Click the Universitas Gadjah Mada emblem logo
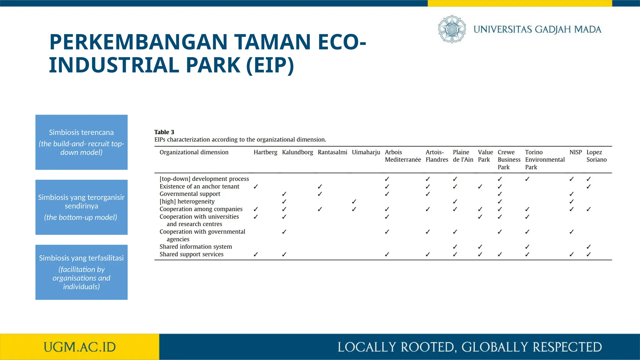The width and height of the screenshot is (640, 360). [452, 29]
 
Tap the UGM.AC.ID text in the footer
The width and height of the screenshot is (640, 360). [80, 347]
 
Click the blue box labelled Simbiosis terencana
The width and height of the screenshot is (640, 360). [81, 142]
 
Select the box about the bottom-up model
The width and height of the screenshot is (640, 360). [81, 207]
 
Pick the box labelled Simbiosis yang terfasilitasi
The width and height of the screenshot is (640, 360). [81, 272]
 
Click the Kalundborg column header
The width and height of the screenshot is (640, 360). [297, 152]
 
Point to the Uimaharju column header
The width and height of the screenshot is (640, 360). [366, 152]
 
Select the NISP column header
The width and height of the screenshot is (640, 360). [575, 152]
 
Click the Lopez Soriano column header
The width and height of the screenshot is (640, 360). [596, 156]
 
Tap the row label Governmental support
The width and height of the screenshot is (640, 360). [190, 194]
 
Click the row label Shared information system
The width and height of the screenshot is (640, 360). [196, 247]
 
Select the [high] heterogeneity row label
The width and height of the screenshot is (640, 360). [187, 202]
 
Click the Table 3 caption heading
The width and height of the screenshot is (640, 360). [164, 132]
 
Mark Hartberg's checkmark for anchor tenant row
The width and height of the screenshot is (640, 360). [256, 187]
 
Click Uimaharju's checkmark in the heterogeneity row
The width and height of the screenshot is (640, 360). [354, 202]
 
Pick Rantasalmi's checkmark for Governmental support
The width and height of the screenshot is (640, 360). [320, 194]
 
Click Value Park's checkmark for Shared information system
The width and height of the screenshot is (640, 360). [480, 247]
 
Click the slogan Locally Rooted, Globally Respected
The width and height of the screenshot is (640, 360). [469, 347]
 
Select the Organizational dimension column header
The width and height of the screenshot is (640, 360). [194, 152]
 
